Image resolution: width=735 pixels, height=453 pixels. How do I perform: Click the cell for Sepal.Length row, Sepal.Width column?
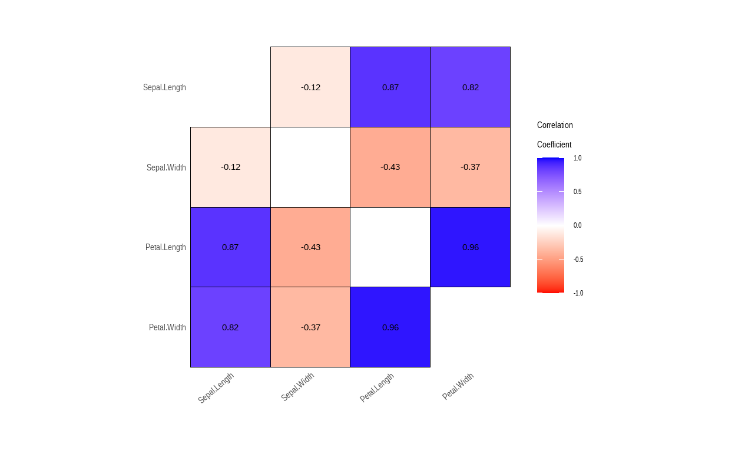tap(310, 87)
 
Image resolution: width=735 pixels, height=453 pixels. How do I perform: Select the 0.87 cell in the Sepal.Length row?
tap(390, 87)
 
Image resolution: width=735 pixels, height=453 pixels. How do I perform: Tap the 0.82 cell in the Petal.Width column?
tap(471, 87)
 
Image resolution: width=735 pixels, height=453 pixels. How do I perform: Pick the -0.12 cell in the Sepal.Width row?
tap(230, 167)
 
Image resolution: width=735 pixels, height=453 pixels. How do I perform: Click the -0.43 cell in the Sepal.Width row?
tap(390, 167)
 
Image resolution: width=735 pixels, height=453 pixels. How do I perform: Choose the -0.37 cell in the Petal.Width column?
tap(471, 167)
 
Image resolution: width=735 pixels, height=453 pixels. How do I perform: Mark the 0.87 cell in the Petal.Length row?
tap(230, 247)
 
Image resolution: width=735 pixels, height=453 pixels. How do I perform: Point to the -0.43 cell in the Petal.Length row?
tap(310, 247)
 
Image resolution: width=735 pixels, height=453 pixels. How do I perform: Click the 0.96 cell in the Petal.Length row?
tap(471, 247)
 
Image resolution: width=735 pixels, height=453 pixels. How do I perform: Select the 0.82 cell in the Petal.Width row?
tap(230, 327)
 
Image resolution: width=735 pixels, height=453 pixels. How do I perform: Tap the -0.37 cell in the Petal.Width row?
tap(310, 327)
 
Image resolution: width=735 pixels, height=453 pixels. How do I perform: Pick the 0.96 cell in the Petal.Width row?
tap(390, 327)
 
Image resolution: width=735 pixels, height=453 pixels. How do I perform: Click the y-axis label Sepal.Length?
tap(164, 87)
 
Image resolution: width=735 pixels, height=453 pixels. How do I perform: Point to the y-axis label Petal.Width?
tap(167, 327)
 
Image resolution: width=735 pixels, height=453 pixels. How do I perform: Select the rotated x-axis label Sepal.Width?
tap(297, 386)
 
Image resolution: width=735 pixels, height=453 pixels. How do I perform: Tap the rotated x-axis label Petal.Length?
tap(377, 388)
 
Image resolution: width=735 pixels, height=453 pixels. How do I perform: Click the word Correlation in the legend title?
tap(555, 125)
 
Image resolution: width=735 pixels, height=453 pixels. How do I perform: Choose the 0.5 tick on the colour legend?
tap(577, 192)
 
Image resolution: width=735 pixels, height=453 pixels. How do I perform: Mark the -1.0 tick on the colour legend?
tap(578, 293)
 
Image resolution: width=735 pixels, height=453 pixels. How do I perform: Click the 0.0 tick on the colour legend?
tap(577, 225)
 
